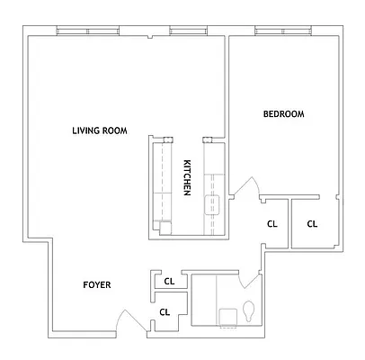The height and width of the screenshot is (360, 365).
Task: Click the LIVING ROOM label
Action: coord(100,130)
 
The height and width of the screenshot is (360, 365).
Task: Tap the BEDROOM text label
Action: coord(283,114)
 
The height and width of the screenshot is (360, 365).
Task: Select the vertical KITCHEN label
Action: coord(187,177)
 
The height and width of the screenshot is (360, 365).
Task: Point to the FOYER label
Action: coord(97,284)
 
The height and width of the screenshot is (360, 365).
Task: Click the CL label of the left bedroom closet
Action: coord(272,224)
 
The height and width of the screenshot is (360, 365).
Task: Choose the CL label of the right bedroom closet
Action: coord(312,224)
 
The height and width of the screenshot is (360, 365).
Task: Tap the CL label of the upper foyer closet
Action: coord(168,282)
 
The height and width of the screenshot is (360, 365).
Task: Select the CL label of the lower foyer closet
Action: coord(165,312)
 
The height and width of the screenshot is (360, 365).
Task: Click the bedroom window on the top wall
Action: coord(282,31)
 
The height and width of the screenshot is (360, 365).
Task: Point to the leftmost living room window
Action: coord(86,31)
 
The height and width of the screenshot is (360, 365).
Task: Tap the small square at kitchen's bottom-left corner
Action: coord(163,227)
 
